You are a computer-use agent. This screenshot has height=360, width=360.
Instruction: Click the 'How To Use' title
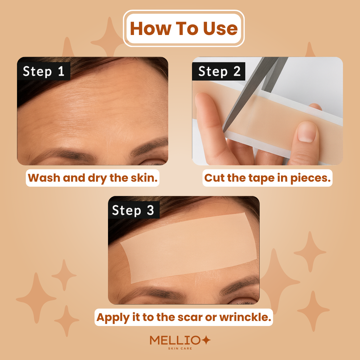point(184,28)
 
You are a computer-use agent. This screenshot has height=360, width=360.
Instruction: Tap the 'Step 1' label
point(43,71)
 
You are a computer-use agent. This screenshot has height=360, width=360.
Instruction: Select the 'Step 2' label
point(219,71)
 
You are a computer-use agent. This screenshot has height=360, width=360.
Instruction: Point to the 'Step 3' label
point(133,210)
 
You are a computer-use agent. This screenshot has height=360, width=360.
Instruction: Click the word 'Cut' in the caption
point(214,178)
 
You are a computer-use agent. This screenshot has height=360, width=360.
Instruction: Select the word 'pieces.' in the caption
point(311,178)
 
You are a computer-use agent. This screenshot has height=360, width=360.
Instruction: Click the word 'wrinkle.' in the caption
point(245,317)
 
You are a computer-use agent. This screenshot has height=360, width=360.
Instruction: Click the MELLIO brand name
point(175,340)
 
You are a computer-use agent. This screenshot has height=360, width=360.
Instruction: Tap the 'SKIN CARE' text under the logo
point(180,349)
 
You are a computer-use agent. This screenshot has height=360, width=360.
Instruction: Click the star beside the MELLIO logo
point(206,340)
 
